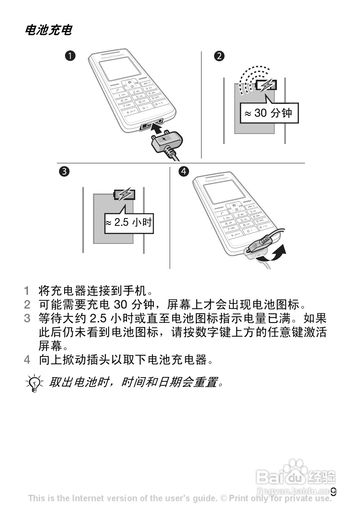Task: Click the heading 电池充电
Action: [48, 30]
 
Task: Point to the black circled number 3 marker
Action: [64, 172]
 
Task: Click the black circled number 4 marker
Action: [184, 172]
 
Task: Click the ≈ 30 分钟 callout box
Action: [269, 113]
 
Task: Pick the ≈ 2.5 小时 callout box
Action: [129, 223]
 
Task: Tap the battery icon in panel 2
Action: [266, 85]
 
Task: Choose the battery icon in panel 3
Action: [124, 194]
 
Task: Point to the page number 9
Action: [333, 492]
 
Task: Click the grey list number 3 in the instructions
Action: [27, 319]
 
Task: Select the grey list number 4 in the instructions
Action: [27, 359]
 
